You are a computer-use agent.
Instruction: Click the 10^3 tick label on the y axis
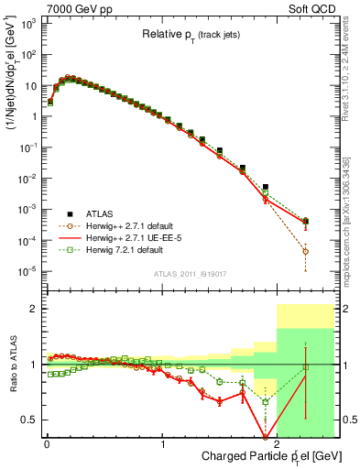(28, 23)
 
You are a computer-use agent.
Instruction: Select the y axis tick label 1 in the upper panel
(33, 116)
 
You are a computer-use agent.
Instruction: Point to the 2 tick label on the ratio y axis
(33, 309)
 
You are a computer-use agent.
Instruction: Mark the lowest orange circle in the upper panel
(306, 251)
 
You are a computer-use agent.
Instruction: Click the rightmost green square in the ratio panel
(306, 367)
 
